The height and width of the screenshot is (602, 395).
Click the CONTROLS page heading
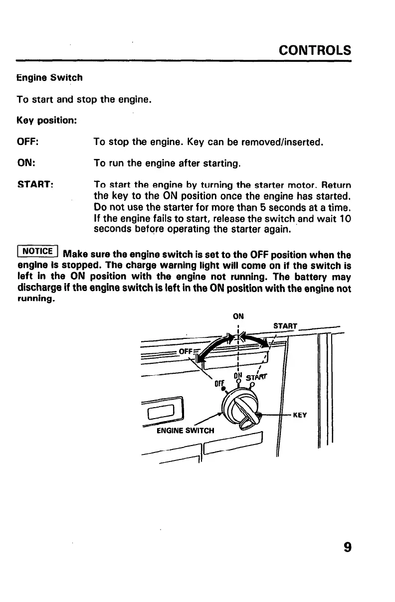[315, 50]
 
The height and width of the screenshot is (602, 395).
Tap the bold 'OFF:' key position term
[28, 143]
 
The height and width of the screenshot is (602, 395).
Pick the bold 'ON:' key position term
[26, 163]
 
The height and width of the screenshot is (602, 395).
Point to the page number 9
[347, 547]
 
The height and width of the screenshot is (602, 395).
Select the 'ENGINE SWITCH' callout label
[185, 430]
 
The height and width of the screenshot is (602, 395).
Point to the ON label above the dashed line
[237, 315]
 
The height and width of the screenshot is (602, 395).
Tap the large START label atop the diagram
[285, 326]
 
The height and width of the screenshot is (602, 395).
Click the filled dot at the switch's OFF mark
[224, 388]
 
